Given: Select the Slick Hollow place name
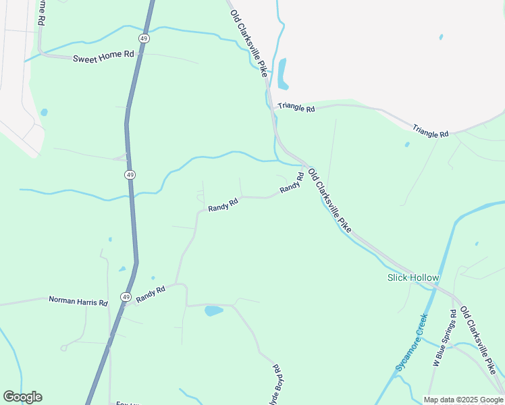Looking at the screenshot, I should (413, 277).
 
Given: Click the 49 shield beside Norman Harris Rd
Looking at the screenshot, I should (126, 296).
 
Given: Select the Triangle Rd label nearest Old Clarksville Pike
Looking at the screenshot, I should (296, 108).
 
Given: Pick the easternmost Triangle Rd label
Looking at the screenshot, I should (431, 130).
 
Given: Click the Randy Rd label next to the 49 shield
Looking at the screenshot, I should (151, 294).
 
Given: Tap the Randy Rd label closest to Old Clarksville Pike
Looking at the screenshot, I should (290, 182).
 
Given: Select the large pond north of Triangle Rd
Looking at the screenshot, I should (282, 74).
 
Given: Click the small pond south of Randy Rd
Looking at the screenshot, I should (213, 311).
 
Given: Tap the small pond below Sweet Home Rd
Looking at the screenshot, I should (44, 112).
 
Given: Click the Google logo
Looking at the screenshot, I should (22, 397).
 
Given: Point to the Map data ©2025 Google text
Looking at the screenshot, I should (463, 400).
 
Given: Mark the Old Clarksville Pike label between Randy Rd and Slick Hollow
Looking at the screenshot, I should (329, 201).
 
